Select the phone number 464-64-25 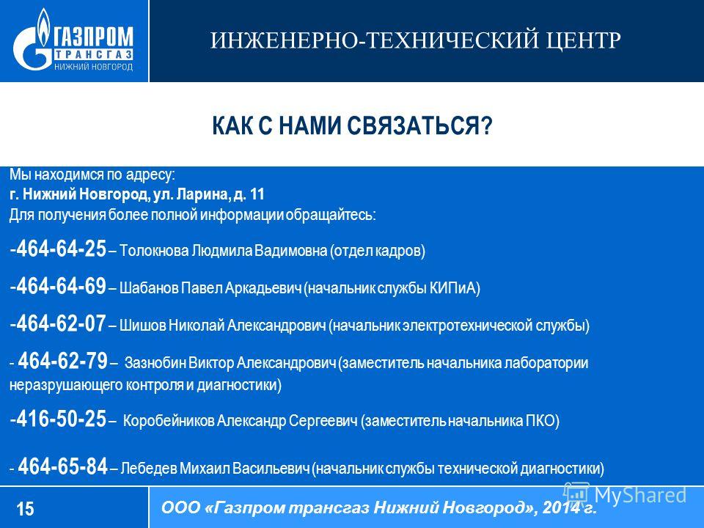[x=60, y=249]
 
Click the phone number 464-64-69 [x=60, y=286]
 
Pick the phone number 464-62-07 [x=60, y=323]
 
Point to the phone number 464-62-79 [x=63, y=361]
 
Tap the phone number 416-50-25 [x=60, y=419]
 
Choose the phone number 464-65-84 [x=63, y=466]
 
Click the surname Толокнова [x=154, y=251]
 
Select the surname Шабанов [x=149, y=287]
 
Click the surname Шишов [x=143, y=325]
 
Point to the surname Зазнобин [x=155, y=362]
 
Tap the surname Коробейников [x=169, y=421]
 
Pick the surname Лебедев [x=149, y=469]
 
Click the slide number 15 [x=25, y=509]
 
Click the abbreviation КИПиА [x=452, y=287]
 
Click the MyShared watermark [x=625, y=494]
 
